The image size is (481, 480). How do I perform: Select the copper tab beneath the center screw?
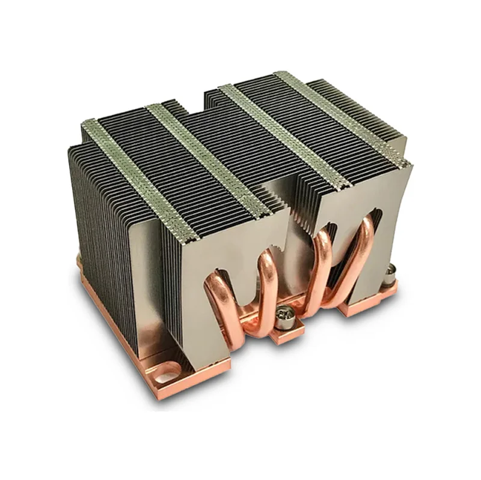pos(287,333)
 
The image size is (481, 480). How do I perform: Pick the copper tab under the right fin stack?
pos(361,306)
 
